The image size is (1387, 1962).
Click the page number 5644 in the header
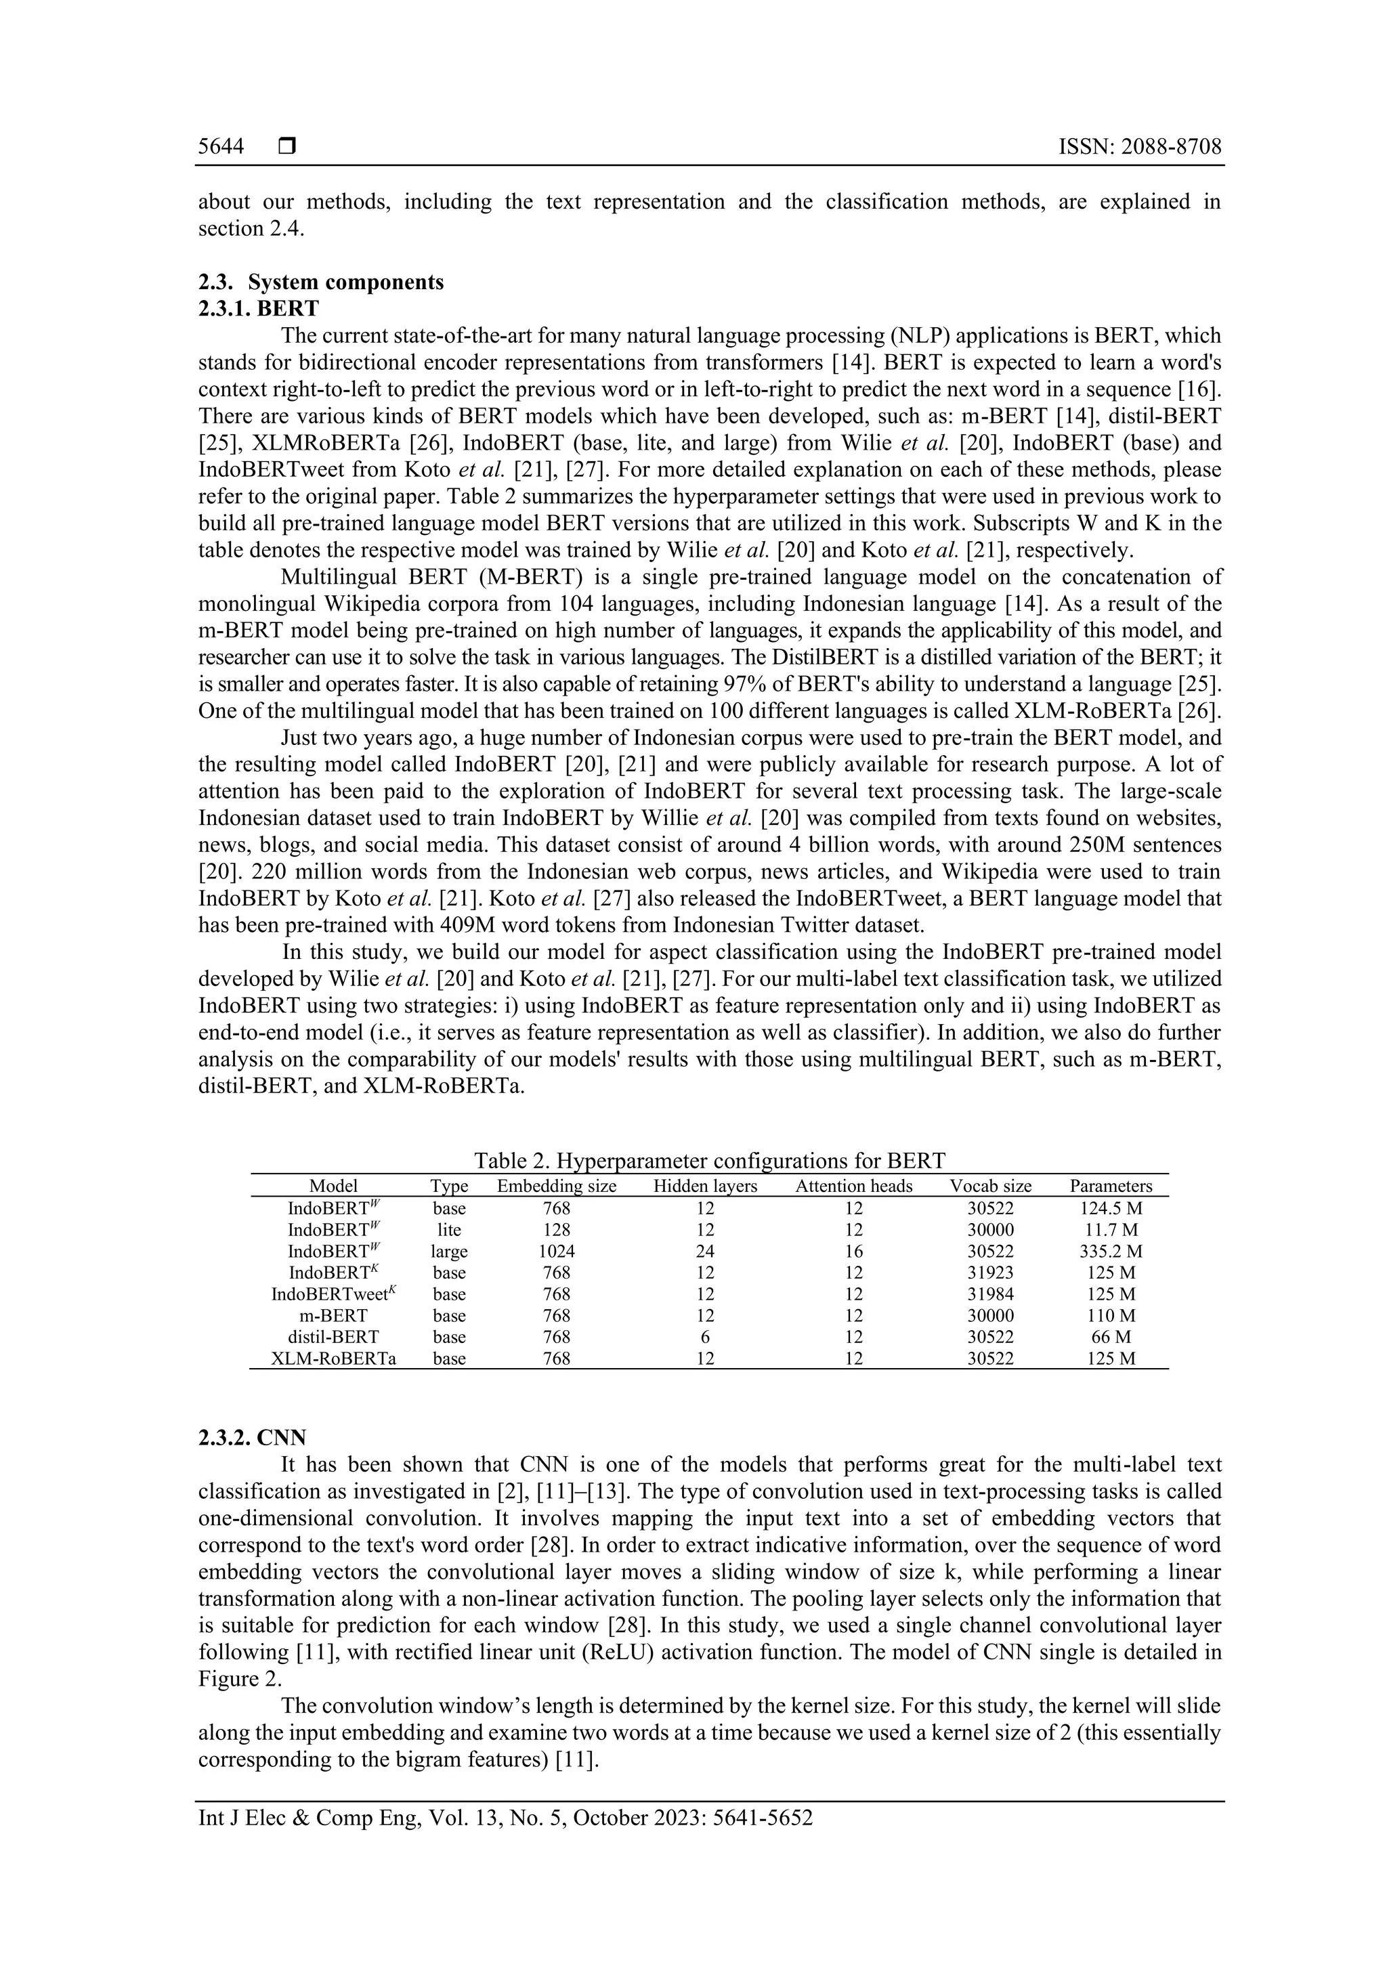[x=221, y=147]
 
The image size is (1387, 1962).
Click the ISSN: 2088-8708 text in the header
[x=1139, y=147]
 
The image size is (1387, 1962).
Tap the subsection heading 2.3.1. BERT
[x=258, y=308]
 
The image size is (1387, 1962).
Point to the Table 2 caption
[x=709, y=1160]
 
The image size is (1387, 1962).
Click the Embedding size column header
[x=556, y=1186]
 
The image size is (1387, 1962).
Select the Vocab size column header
[x=990, y=1186]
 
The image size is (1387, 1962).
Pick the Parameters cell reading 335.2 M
[x=1111, y=1251]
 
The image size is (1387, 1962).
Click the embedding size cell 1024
[x=556, y=1251]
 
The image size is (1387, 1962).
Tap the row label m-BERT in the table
[x=333, y=1315]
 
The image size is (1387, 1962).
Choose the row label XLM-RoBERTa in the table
[x=333, y=1358]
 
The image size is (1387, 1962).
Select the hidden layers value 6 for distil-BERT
[x=705, y=1336]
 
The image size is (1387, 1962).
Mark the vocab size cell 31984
[x=990, y=1294]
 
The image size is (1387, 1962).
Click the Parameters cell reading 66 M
[x=1111, y=1336]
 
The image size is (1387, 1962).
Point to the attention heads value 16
[x=854, y=1251]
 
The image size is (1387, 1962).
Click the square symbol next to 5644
[x=286, y=147]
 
